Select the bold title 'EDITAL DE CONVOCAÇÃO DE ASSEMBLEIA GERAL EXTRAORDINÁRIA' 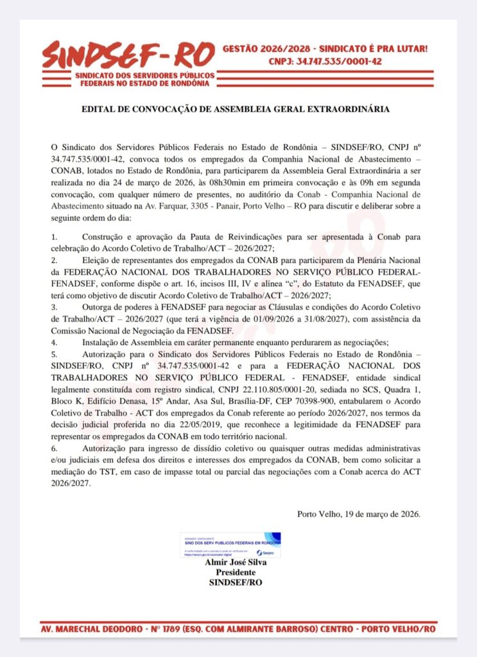coord(235,109)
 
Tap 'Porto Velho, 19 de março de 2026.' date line coord(359,513)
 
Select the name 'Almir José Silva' coord(235,563)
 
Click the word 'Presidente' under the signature coord(235,572)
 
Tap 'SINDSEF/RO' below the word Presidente coord(236,583)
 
